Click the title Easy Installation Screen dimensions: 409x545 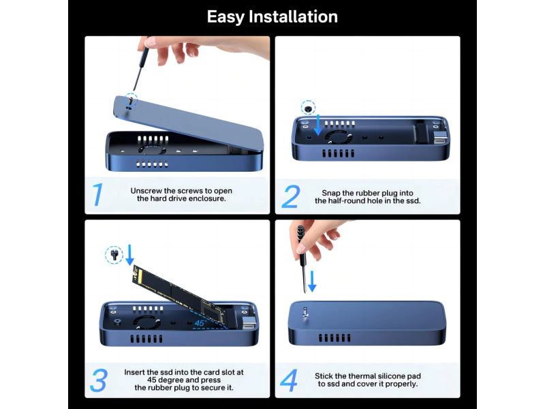coord(272,16)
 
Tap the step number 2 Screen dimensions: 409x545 coord(290,196)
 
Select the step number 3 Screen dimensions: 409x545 coord(98,380)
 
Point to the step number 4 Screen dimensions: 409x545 coord(289,380)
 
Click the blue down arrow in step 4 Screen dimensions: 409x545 coord(312,280)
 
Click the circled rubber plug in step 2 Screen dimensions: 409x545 coord(309,108)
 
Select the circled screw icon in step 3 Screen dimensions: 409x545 coord(113,256)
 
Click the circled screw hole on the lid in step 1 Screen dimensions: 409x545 coord(129,99)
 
